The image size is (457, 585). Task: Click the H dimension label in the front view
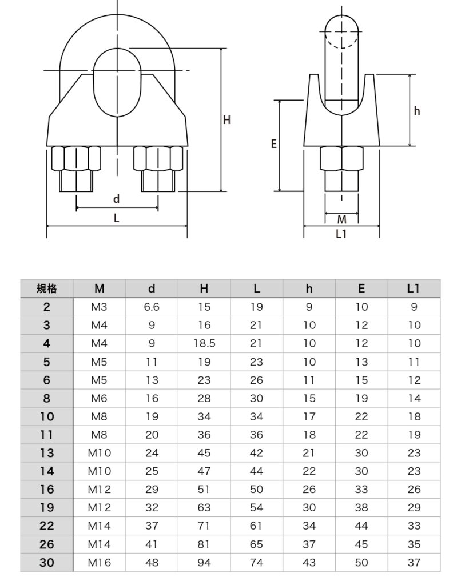point(227,120)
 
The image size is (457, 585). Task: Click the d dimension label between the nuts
point(116,199)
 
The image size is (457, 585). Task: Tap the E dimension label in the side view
point(274,145)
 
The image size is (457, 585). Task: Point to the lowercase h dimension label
point(417,111)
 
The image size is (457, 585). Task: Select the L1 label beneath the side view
point(341,234)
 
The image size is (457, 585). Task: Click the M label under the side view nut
point(341,219)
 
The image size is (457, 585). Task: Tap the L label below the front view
point(116,218)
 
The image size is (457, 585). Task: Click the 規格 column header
point(47,289)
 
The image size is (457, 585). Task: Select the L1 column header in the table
point(414,289)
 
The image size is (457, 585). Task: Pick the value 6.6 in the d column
point(152,307)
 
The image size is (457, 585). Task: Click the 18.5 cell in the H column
point(204,343)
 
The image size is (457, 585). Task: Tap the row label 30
point(47,563)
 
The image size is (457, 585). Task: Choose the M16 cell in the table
point(100,563)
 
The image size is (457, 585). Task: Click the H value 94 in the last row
point(204,563)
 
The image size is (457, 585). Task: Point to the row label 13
point(47,453)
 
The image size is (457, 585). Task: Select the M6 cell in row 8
point(100,398)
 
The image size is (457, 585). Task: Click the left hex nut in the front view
point(76,158)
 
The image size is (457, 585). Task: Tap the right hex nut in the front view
point(158,158)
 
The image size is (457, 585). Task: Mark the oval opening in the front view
point(117,83)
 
